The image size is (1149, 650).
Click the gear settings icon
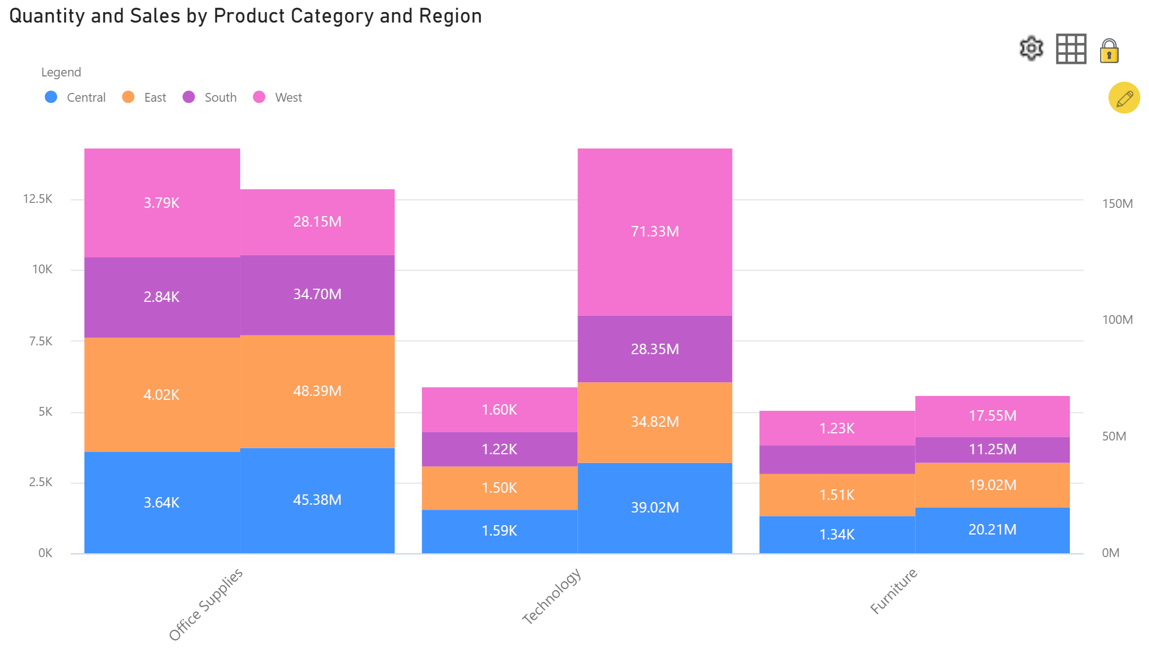click(x=1031, y=49)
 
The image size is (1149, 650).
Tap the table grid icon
click(x=1071, y=49)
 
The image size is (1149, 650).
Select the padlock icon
click(x=1109, y=51)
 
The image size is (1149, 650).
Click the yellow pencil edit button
click(x=1124, y=98)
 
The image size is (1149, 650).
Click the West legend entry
click(x=278, y=97)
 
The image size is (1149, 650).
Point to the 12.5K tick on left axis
click(x=37, y=199)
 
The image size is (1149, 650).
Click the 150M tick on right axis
click(x=1117, y=203)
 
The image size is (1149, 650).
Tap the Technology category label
click(x=551, y=596)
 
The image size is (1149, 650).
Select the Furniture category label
click(x=893, y=591)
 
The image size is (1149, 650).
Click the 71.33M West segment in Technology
click(x=654, y=232)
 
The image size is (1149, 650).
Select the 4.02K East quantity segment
click(x=162, y=395)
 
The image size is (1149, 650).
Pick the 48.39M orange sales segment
click(x=317, y=391)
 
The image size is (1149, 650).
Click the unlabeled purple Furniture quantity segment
click(x=837, y=460)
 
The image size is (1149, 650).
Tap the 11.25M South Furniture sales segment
click(x=992, y=449)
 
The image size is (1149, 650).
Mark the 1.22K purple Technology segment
click(x=499, y=449)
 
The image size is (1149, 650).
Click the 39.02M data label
click(x=654, y=508)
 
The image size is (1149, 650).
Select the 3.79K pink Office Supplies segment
click(x=162, y=203)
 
